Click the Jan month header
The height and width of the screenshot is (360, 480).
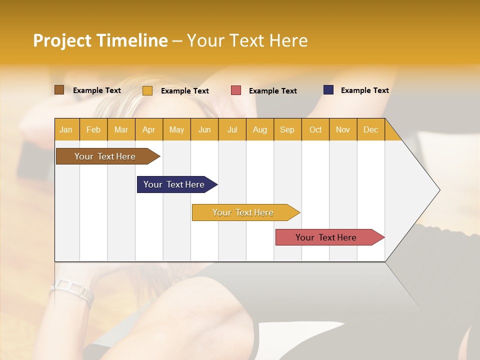tap(66, 129)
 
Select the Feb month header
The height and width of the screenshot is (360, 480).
tap(93, 129)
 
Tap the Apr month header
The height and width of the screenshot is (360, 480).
tap(148, 129)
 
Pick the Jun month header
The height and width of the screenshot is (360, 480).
tap(204, 129)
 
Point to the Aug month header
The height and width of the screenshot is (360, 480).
tap(259, 129)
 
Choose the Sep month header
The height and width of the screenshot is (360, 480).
tap(287, 129)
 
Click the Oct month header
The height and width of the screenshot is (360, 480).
tap(315, 129)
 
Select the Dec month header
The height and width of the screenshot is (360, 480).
tap(370, 129)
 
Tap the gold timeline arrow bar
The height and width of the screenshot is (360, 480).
tap(243, 212)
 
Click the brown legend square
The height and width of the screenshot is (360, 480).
tap(59, 90)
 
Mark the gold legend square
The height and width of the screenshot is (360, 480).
tap(147, 90)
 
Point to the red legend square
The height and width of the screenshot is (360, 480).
tap(236, 90)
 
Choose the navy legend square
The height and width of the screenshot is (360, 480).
tap(328, 90)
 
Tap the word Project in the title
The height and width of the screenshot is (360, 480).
tap(61, 41)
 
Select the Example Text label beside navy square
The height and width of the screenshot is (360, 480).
tap(364, 90)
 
